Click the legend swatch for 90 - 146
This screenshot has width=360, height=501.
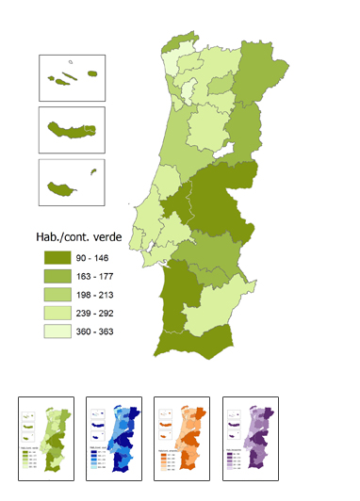pyautogui.click(x=58, y=256)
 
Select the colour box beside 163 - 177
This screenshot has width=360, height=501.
pyautogui.click(x=58, y=276)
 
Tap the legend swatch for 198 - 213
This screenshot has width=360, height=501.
pyautogui.click(x=58, y=297)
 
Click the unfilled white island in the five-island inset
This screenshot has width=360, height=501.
pyautogui.click(x=56, y=65)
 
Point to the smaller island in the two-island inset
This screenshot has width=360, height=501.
pyautogui.click(x=93, y=170)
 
